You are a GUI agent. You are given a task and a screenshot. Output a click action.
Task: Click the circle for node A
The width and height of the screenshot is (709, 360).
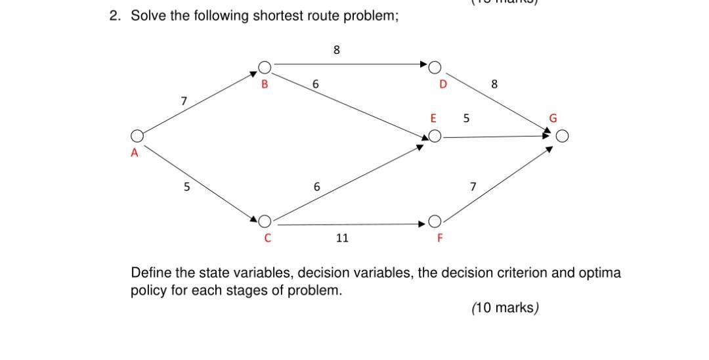137,136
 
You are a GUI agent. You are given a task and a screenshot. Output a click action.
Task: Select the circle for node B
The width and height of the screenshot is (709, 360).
265,67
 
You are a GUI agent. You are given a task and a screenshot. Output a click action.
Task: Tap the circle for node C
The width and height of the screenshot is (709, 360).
265,221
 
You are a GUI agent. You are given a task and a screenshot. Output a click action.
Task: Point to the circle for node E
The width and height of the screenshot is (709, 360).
434,137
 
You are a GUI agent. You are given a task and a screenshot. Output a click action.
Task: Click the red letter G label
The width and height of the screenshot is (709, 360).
553,119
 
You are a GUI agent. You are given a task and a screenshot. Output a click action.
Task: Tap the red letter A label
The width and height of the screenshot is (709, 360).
134,153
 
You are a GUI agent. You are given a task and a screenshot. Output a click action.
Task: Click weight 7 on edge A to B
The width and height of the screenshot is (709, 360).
184,101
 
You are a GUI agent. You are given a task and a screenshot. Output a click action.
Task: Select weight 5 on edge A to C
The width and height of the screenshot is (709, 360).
186,187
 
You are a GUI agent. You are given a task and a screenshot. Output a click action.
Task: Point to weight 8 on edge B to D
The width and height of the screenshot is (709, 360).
336,49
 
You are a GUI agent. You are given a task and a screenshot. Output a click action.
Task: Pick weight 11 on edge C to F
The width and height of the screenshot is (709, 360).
341,238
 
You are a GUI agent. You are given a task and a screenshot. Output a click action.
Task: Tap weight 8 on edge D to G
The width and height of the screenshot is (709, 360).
494,84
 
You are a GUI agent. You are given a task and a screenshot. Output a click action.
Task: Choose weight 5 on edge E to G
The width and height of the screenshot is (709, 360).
466,119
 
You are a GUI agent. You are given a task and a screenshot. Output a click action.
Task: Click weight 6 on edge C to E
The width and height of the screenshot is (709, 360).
316,187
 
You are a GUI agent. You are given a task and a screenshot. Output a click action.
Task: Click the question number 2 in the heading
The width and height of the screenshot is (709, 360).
114,16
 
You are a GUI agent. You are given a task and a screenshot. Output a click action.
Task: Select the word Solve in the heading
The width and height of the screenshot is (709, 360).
149,16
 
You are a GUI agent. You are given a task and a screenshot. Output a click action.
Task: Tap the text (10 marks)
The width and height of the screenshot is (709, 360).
504,307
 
